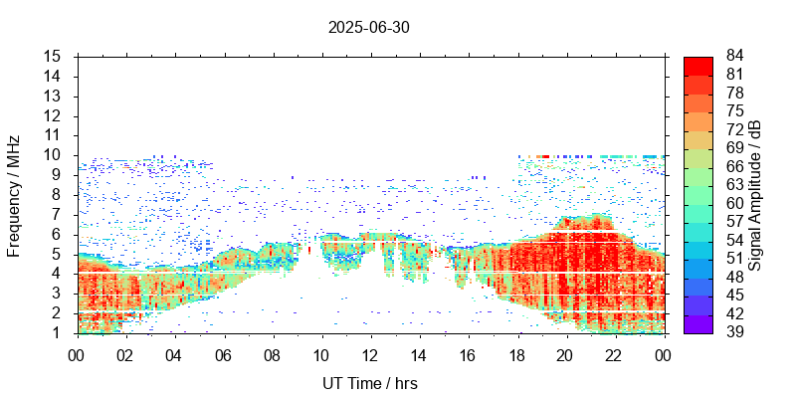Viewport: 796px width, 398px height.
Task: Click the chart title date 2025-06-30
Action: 368,28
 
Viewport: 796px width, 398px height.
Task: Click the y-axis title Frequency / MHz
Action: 14,194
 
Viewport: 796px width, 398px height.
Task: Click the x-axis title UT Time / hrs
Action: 370,384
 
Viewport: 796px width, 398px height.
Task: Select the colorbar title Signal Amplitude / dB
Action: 755,194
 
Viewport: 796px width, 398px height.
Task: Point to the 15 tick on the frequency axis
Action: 55,57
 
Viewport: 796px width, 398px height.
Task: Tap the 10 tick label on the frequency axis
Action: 55,154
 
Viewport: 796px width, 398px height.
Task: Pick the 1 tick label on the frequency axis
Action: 59,332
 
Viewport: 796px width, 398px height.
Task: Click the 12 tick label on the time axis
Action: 370,354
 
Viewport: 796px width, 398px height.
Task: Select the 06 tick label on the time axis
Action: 223,354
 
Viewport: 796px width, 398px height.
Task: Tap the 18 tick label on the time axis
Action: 517,354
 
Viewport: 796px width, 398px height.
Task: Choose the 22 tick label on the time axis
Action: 615,354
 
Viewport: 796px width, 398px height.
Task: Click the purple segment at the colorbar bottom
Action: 698,323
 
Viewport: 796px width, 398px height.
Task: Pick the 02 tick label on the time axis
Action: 125,354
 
